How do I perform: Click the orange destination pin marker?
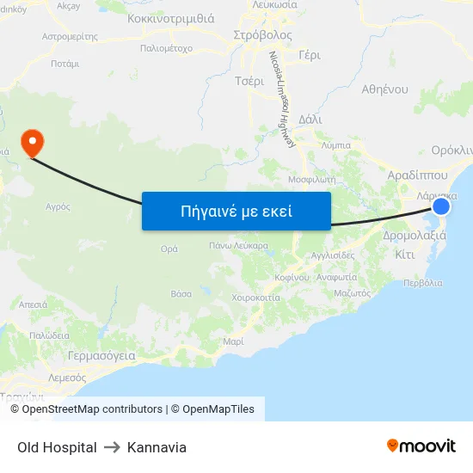[x=32, y=143]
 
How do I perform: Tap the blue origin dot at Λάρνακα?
[x=441, y=206]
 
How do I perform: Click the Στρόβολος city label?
[x=262, y=36]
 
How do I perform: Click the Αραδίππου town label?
[x=418, y=174]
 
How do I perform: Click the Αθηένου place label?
[x=384, y=89]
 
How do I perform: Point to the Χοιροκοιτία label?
[x=255, y=298]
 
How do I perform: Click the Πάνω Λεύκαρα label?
[x=238, y=245]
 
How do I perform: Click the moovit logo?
[x=421, y=445]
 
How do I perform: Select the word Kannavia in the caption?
[x=157, y=447]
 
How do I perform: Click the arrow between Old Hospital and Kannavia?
[x=112, y=447]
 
